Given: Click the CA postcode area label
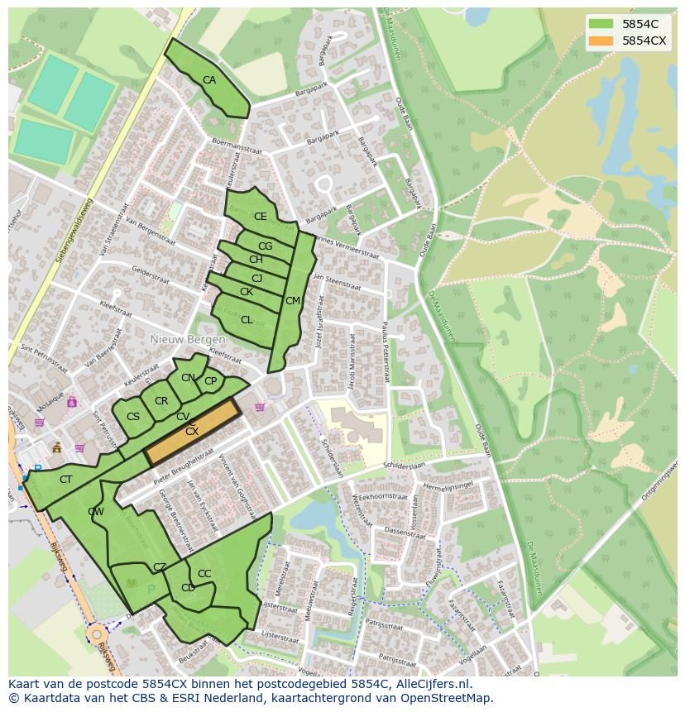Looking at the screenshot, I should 209,79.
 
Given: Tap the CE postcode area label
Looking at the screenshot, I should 261,217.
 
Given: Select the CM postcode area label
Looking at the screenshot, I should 292,301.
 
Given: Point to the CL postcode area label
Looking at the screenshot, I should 247,320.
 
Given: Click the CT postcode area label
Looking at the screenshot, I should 66,479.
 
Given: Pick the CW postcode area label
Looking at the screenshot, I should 96,512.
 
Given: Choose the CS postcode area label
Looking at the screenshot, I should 133,416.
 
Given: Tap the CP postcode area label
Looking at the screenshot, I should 210,381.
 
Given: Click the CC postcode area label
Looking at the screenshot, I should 204,574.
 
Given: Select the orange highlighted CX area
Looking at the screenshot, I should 192,432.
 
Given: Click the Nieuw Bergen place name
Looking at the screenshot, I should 188,340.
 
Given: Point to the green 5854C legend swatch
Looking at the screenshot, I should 601,24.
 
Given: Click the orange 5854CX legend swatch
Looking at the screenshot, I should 601,41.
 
